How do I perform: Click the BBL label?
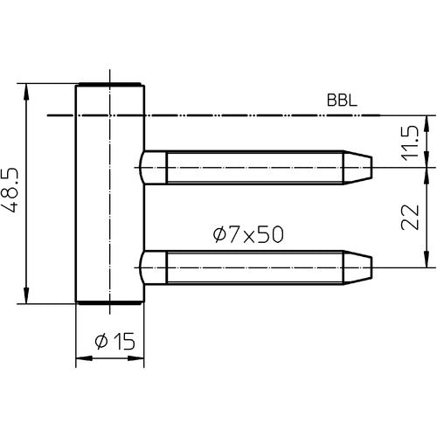point(342,100)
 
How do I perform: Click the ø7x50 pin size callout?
point(247,233)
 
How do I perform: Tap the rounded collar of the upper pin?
point(150,166)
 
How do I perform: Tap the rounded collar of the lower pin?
point(150,266)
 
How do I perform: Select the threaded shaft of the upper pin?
point(253,165)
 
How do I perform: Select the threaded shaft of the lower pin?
point(253,266)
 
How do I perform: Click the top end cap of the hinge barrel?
point(109,85)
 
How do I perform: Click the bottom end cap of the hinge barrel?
point(109,302)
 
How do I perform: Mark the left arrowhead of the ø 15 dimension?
point(80,357)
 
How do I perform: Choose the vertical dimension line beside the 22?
point(427,216)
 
